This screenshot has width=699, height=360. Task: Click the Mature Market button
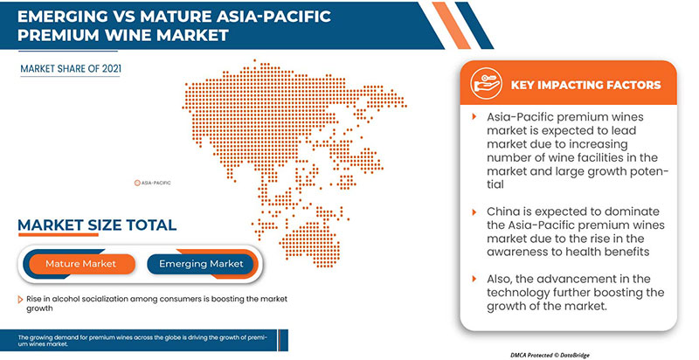[x=81, y=263]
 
